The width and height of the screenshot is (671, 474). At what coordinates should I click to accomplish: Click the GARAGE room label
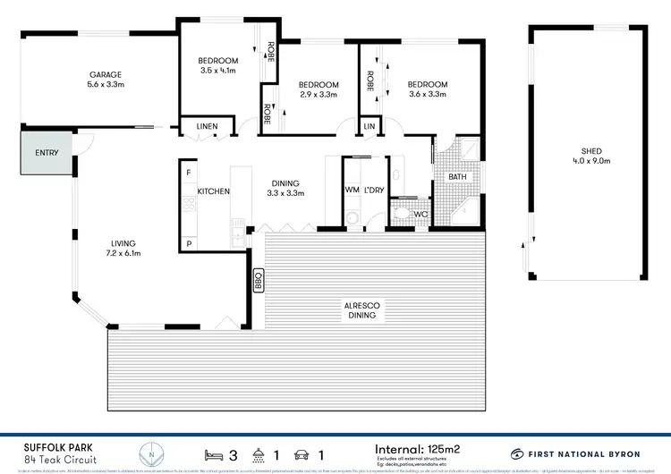coord(105,74)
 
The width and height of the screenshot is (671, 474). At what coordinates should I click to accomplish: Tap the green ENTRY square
coord(47,153)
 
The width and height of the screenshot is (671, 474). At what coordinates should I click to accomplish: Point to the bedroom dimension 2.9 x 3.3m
coord(318,94)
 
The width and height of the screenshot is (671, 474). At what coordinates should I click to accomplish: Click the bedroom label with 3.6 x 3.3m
coord(428,94)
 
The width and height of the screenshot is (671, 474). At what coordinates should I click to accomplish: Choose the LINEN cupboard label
coord(207,127)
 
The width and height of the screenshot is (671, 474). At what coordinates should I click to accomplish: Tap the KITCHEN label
coord(214,191)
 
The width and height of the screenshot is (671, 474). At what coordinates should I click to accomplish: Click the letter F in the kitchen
coord(189,172)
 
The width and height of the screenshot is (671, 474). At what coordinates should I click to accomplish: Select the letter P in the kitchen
coord(189,243)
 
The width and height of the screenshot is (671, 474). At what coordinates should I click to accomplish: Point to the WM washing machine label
coord(352,190)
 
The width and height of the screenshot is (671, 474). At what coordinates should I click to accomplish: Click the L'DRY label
coord(374,190)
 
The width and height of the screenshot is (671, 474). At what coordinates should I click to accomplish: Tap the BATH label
coord(457,177)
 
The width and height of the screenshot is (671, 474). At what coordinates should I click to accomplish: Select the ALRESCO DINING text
coord(363,310)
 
